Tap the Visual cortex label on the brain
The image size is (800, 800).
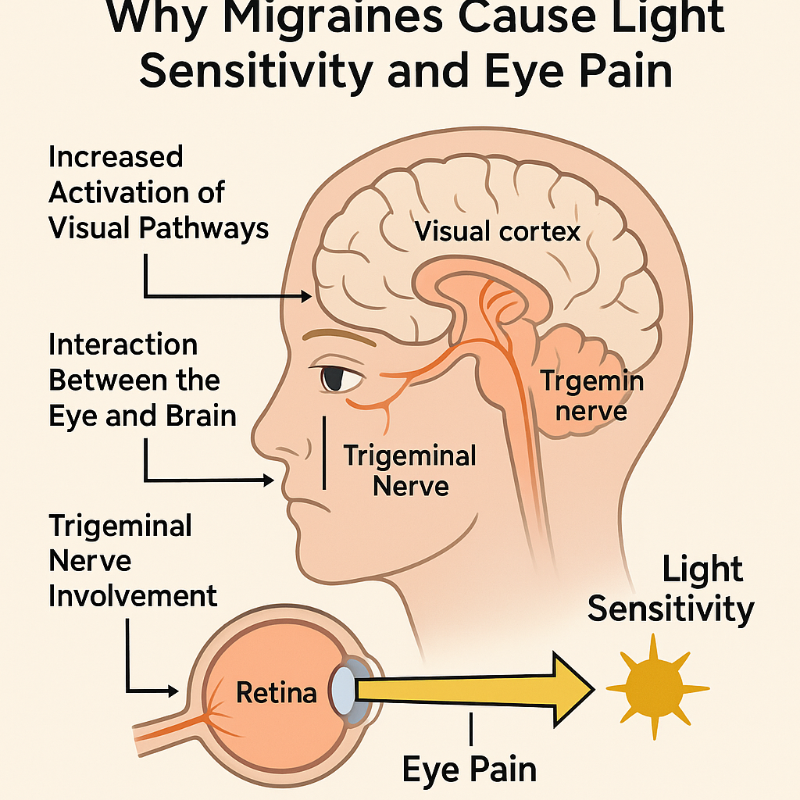[x=498, y=231]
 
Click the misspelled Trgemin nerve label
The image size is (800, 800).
[x=593, y=395]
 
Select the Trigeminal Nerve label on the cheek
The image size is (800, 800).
[x=410, y=470]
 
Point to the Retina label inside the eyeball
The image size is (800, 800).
[x=276, y=692]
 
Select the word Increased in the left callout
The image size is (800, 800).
[x=116, y=158]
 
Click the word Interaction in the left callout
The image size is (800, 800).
[x=123, y=345]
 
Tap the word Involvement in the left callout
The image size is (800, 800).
[x=133, y=597]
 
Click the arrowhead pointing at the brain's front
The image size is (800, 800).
[x=306, y=297]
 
